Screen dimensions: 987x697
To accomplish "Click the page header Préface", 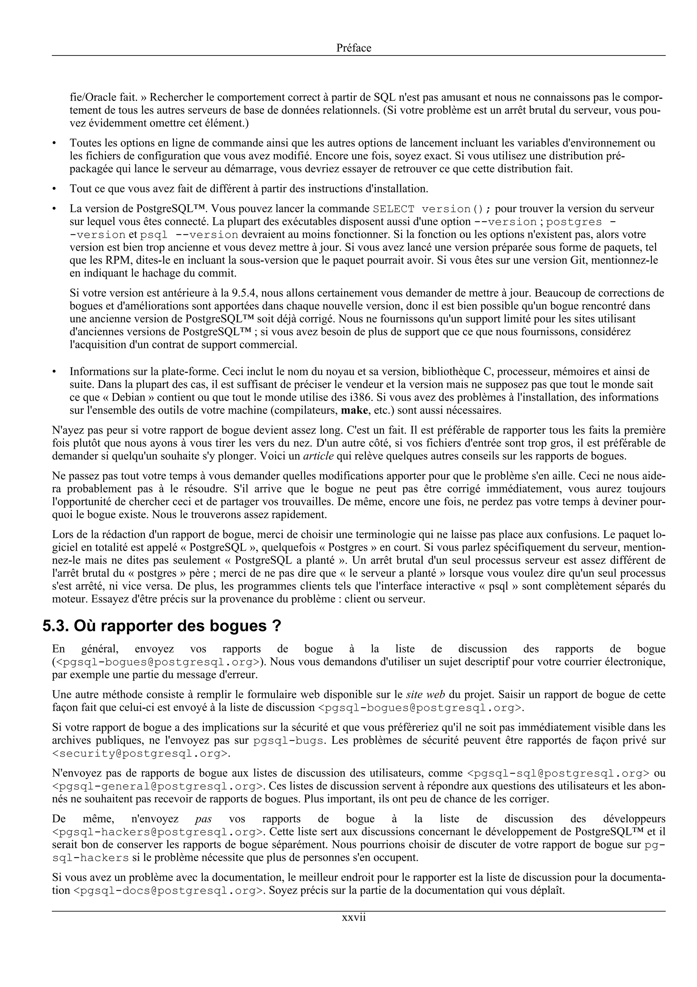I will [x=354, y=48].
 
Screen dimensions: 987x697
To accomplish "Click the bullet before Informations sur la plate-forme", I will [x=54, y=372].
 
